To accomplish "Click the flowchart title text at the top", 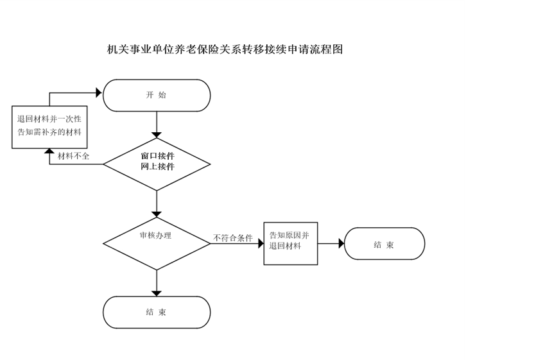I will (225, 49).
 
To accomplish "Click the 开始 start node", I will (157, 96).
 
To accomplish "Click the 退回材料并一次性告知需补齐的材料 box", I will (49, 126).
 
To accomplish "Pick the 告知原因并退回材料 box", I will (291, 243).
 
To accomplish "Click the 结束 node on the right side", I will (385, 244).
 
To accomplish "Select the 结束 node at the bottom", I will (157, 313).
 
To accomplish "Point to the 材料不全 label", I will (73, 156).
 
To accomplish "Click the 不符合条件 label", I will (233, 238).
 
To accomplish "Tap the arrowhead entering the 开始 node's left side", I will (99, 93).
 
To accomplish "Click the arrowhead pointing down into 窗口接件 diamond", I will (157, 134).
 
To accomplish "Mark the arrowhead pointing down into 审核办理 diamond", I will (157, 214).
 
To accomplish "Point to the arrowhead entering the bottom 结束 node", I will (157, 293).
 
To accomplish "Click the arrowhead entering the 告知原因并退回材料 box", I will (260, 244).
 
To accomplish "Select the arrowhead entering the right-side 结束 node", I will (340, 244).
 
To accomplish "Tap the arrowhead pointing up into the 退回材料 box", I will (49, 152).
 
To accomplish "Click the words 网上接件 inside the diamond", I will (157, 167).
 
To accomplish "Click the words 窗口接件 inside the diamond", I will (157, 156).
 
